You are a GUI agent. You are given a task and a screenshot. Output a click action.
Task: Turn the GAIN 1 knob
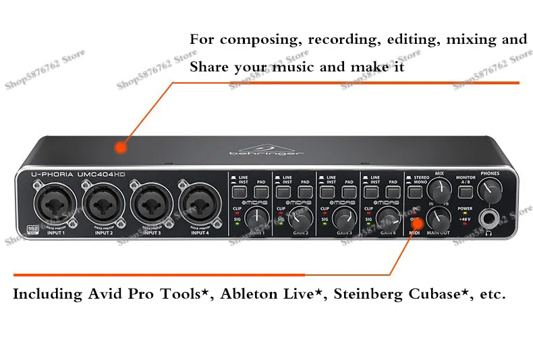coord(256,217)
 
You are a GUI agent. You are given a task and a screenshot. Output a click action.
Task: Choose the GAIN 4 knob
coord(387,216)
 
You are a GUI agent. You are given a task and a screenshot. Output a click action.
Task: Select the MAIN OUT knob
coord(440,217)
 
